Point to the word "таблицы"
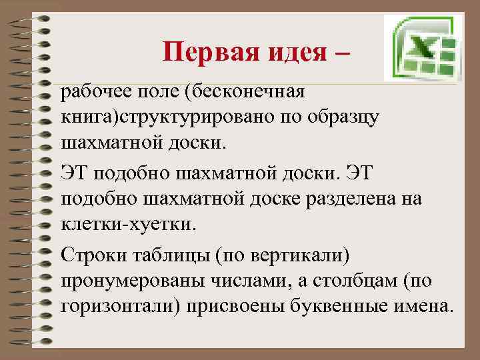pyautogui.click(x=163, y=254)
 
